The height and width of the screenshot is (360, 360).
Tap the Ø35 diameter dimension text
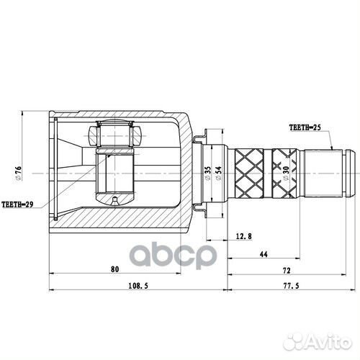[207, 172]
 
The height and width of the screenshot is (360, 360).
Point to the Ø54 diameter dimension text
[218, 172]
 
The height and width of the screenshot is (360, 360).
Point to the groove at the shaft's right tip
[347, 172]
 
